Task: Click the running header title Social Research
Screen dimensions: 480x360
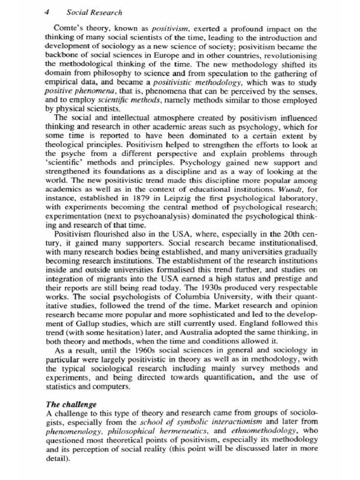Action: [x=94, y=13]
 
